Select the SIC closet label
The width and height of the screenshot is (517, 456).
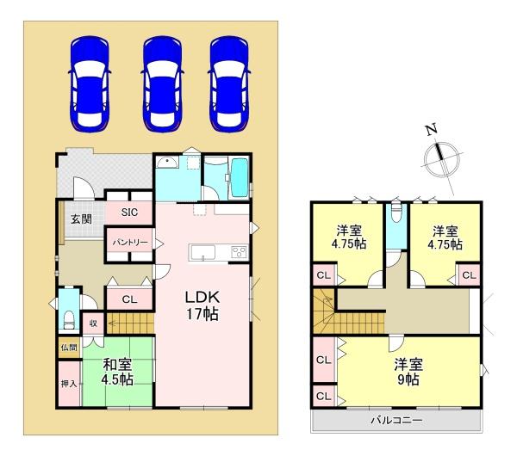(x=128, y=212)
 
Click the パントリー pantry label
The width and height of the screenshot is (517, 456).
(x=129, y=243)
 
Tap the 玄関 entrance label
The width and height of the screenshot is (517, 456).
(x=83, y=219)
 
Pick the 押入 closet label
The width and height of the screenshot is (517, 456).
(x=69, y=384)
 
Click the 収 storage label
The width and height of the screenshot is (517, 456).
(x=93, y=324)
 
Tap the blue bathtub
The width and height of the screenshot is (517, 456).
(x=240, y=177)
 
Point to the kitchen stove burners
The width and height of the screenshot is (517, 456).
(x=237, y=251)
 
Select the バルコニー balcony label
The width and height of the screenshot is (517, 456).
(x=396, y=422)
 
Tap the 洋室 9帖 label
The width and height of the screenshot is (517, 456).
(x=407, y=371)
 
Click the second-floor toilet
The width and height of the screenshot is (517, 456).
(x=396, y=213)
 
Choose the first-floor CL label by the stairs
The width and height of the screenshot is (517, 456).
(x=128, y=299)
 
